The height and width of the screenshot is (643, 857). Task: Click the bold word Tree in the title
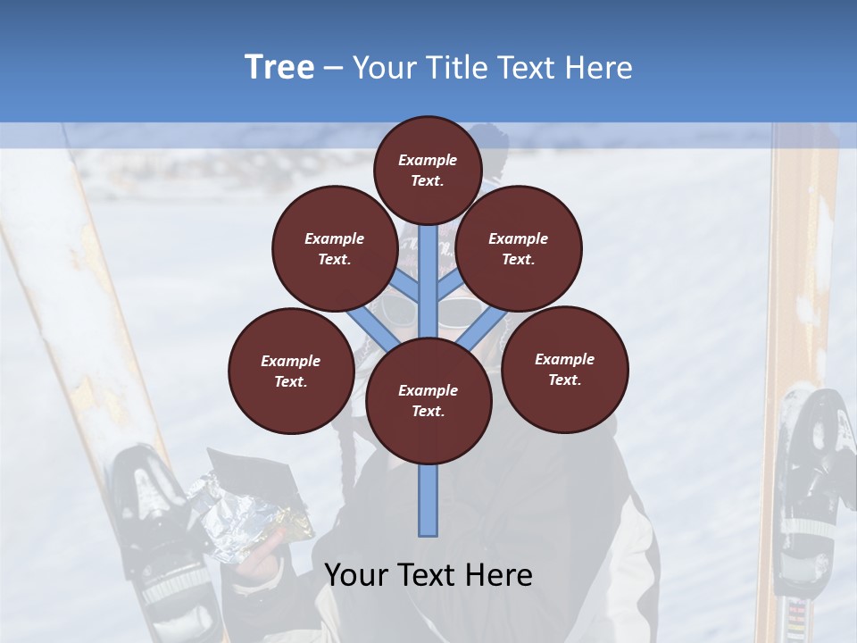279,67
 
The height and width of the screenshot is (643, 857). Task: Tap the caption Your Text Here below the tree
428,574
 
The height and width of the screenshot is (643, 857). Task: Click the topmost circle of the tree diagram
428,170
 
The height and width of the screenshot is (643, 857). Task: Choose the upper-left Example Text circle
335,248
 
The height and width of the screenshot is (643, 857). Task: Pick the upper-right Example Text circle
519,248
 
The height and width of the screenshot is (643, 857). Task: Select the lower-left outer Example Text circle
291,371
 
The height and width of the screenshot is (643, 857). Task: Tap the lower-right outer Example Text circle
565,369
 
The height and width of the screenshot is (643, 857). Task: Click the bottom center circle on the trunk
428,400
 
